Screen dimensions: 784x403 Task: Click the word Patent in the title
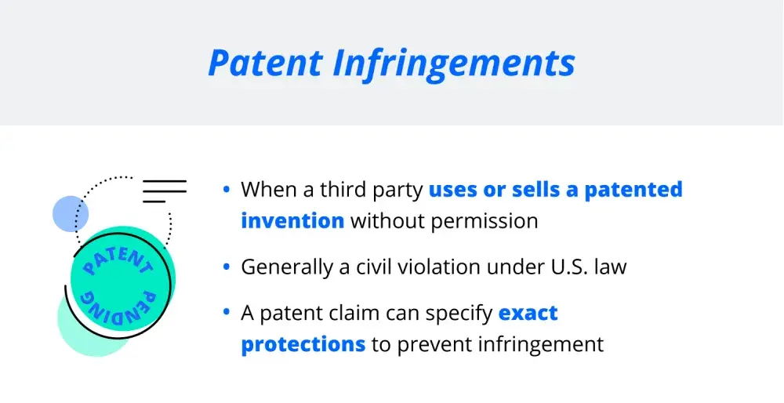point(265,63)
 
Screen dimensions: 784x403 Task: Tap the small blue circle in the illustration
point(71,213)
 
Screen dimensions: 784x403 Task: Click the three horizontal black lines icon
point(165,191)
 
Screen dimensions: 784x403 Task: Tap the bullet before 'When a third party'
point(227,190)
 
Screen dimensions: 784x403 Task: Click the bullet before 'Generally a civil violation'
point(227,267)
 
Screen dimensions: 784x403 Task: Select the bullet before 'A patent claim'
point(227,313)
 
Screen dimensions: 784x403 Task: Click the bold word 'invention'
point(292,220)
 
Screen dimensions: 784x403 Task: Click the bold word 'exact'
point(528,314)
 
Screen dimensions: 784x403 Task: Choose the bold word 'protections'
point(303,345)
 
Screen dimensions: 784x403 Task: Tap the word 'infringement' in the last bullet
point(540,345)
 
